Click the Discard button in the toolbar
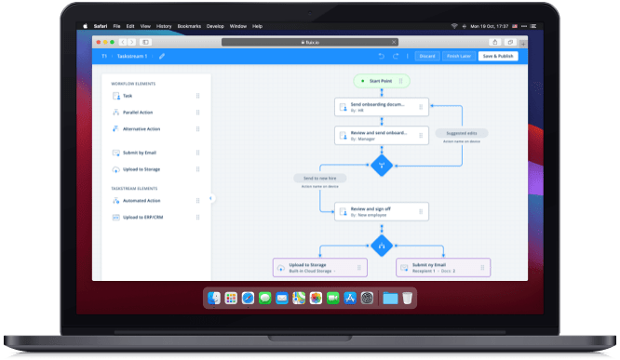click(x=427, y=56)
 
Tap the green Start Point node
click(x=381, y=81)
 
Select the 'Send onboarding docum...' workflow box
click(x=381, y=108)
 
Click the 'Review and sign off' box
click(x=381, y=212)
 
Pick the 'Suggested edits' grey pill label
click(x=462, y=134)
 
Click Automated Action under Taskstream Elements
click(x=142, y=200)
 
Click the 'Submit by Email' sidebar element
click(x=139, y=153)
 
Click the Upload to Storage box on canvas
click(x=319, y=268)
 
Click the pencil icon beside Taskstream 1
click(x=162, y=56)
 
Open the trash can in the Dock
click(x=407, y=299)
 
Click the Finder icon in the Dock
click(x=215, y=299)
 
